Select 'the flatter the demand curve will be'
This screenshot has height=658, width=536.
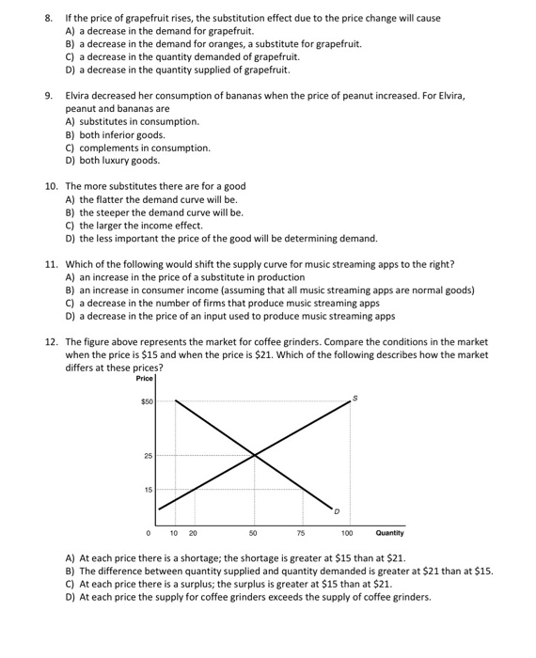[x=150, y=199]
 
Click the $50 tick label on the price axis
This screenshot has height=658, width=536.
[x=146, y=401]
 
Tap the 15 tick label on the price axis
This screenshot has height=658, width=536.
[x=147, y=489]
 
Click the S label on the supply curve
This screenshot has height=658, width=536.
[x=355, y=399]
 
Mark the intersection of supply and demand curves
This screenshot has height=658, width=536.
[x=254, y=456]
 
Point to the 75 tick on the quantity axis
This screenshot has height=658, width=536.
[x=300, y=533]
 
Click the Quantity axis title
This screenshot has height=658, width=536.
[x=390, y=533]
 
